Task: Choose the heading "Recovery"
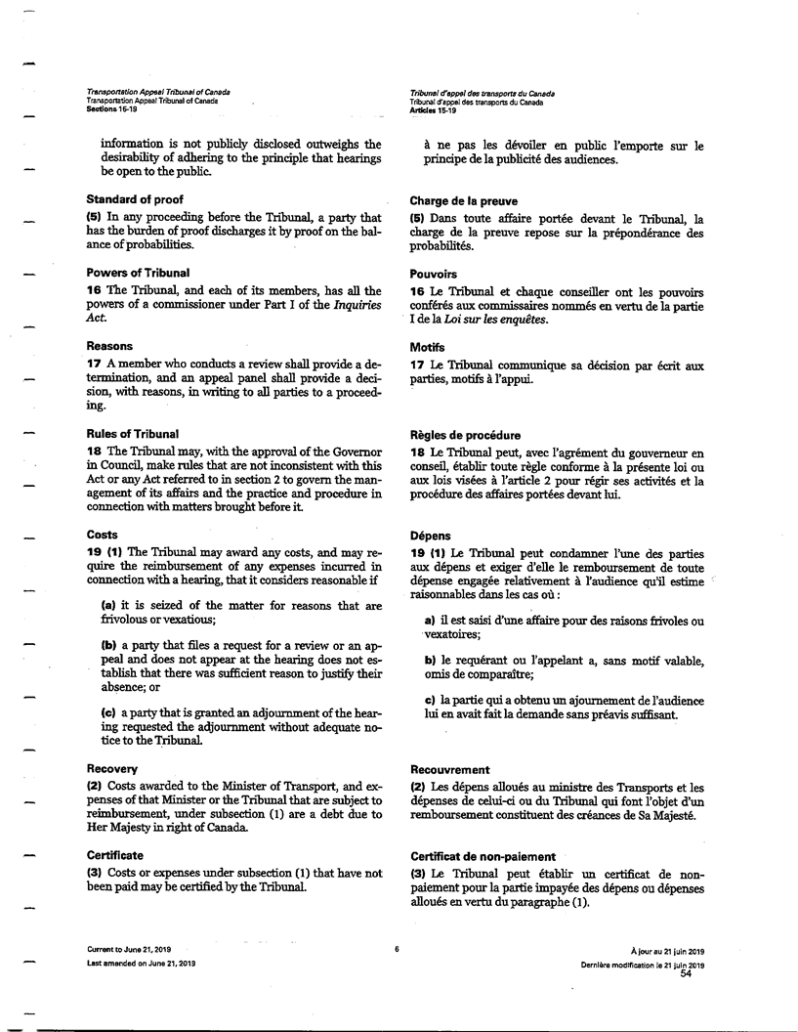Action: [111, 769]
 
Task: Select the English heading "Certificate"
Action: [114, 855]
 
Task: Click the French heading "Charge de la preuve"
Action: [464, 200]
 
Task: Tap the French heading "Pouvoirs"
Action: [434, 275]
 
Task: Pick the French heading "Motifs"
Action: [427, 347]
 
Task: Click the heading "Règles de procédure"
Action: [466, 435]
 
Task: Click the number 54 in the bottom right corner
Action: [686, 973]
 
